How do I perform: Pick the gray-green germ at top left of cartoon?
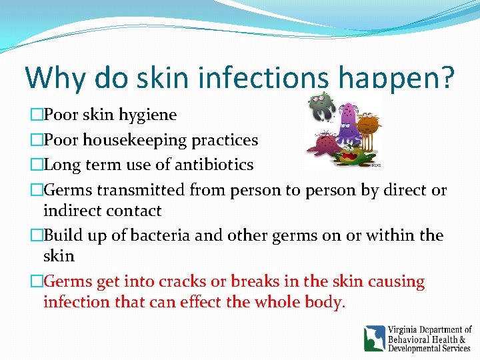(x=321, y=107)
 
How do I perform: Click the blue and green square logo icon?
(x=374, y=339)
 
